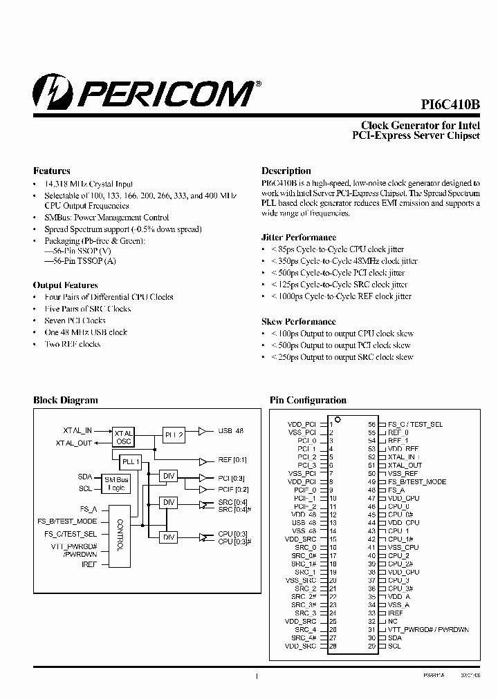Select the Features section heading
click(52, 171)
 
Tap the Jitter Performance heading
click(298, 237)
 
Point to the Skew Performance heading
click(298, 321)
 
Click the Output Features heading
click(66, 285)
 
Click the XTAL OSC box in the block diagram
click(123, 437)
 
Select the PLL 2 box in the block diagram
click(174, 434)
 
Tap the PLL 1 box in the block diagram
click(130, 461)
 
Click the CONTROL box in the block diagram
click(120, 535)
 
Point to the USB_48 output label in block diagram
click(230, 430)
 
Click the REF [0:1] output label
click(232, 459)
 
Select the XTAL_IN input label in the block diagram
click(77, 430)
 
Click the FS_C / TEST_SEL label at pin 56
click(415, 424)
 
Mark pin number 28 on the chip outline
click(333, 646)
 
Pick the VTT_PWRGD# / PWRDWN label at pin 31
click(428, 629)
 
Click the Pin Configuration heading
click(307, 400)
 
